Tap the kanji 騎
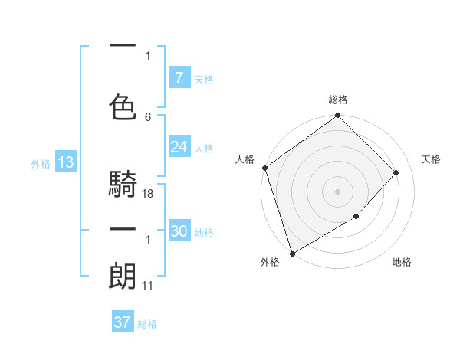[123, 184]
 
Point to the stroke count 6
[148, 116]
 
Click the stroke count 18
[148, 194]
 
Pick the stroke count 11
[147, 286]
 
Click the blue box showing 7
[179, 78]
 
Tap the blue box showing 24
[179, 147]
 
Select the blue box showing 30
[179, 231]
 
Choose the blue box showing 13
[64, 162]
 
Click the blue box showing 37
[122, 322]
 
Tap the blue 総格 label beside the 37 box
[147, 324]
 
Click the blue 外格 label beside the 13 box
[41, 163]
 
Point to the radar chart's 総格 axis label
[337, 100]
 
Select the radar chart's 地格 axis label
[402, 262]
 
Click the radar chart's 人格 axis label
[245, 159]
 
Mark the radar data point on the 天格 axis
[396, 172]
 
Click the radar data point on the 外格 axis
[292, 253]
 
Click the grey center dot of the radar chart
[337, 191]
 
